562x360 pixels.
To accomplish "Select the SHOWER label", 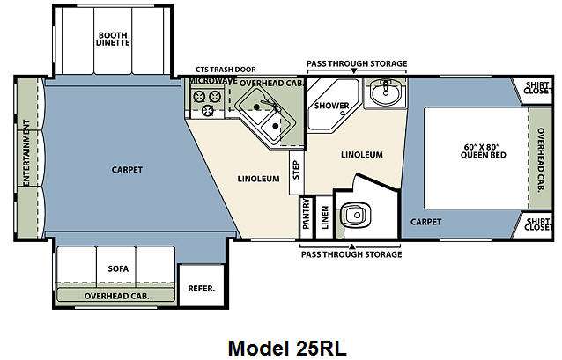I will pos(332,106).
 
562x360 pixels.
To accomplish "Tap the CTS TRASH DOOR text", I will pos(228,68).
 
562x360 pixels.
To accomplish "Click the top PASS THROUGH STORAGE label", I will pos(357,64).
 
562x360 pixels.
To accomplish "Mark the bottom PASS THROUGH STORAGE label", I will pos(351,254).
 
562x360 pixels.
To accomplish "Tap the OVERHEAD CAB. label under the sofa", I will pos(117,297).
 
